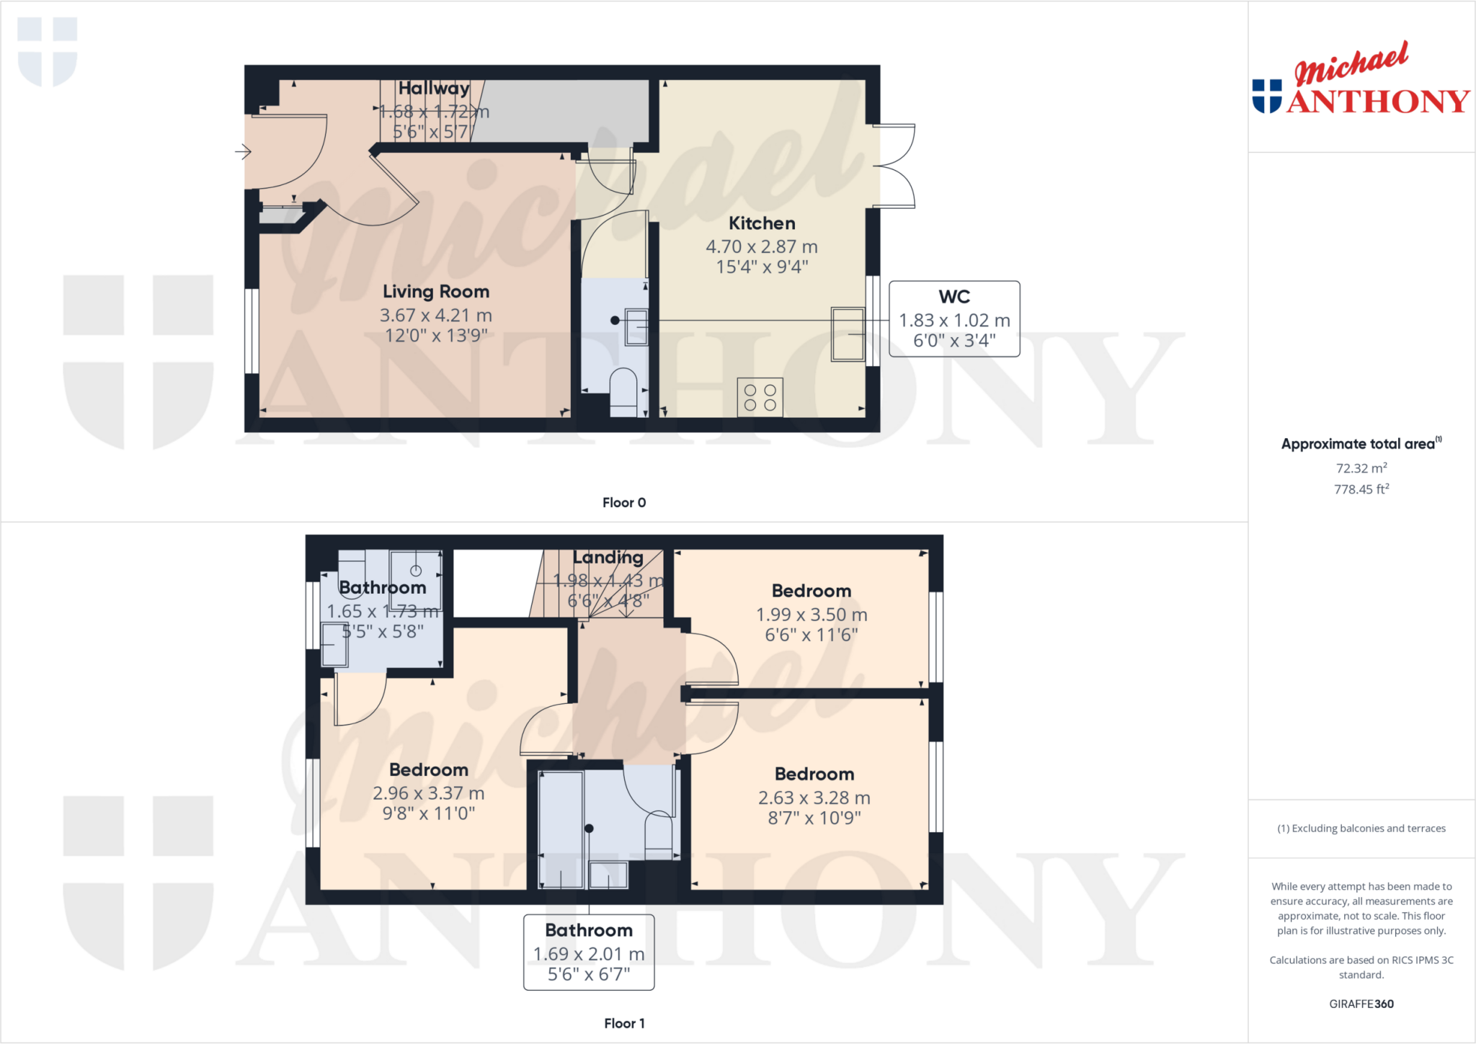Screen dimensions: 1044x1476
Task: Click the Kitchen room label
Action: point(762,223)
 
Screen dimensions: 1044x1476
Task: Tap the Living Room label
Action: point(435,292)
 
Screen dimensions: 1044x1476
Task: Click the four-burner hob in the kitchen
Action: point(760,397)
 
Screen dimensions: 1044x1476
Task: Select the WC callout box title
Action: point(953,297)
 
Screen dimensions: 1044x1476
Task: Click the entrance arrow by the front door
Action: point(243,151)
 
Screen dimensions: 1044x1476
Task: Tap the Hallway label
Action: point(434,88)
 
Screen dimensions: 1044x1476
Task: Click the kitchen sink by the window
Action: point(848,334)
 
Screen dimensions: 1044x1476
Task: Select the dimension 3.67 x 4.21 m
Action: point(435,316)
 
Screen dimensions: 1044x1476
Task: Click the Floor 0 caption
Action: point(624,503)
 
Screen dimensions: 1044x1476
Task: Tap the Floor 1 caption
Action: point(624,1023)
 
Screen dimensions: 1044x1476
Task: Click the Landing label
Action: point(608,557)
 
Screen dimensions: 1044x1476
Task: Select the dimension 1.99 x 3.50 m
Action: point(812,615)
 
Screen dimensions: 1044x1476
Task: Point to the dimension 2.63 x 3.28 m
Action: point(814,798)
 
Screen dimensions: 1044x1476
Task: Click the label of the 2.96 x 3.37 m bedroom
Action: point(429,769)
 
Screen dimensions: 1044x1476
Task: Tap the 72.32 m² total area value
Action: point(1361,468)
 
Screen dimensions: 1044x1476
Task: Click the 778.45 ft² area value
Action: point(1361,489)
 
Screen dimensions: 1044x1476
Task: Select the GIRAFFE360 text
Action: point(1361,1004)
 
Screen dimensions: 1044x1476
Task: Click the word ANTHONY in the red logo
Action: point(1378,102)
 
